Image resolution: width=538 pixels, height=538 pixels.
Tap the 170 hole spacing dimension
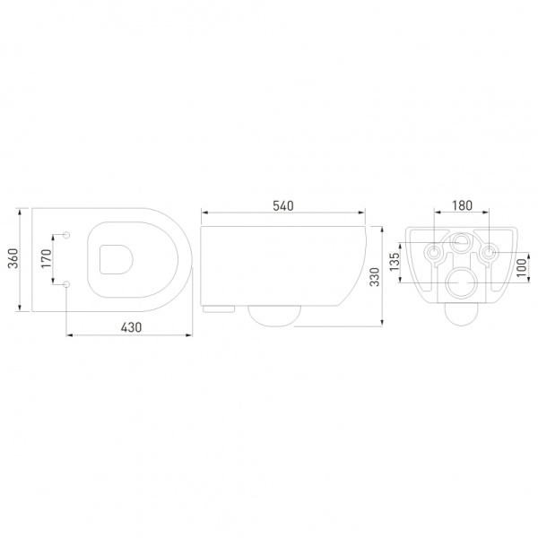[48, 259]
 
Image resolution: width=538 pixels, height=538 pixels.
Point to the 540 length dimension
[282, 205]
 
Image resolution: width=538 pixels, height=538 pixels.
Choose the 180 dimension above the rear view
[461, 205]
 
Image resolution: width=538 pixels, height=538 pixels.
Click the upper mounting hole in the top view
[68, 235]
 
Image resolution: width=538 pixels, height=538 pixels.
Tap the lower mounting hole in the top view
[68, 284]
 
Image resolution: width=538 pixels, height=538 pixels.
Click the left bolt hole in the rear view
[434, 254]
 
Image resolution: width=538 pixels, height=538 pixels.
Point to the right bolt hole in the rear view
[489, 254]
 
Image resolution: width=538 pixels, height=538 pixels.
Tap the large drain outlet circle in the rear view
[462, 283]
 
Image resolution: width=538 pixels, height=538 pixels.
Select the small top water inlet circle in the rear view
[462, 241]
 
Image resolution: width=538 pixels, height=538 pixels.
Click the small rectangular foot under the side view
[221, 309]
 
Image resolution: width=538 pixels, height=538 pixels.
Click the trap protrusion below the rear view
[462, 315]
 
